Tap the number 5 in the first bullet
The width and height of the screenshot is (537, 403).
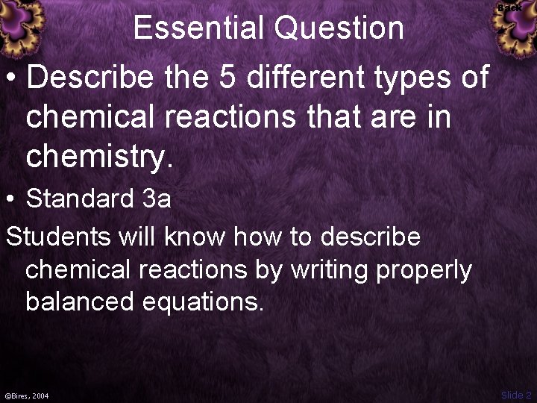point(227,77)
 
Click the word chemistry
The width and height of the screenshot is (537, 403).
point(98,157)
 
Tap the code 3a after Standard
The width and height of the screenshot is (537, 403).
point(157,199)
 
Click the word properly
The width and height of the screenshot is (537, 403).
point(424,270)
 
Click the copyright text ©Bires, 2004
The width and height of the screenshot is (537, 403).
point(27,396)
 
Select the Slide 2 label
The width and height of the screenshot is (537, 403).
point(516,395)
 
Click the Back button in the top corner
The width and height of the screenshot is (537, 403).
point(510,7)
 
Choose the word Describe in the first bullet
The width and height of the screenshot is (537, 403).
point(90,77)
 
